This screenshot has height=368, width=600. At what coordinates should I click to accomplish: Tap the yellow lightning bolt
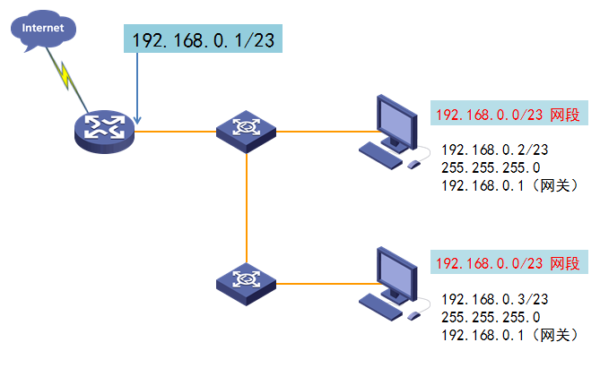tap(65, 76)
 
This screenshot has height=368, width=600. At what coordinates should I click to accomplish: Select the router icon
tap(104, 132)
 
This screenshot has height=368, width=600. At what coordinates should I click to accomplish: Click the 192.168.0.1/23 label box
tap(203, 39)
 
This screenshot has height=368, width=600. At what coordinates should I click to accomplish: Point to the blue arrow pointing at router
tap(137, 89)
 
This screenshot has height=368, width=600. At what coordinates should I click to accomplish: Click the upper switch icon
tap(246, 132)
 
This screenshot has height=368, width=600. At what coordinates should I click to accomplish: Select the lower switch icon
tap(246, 284)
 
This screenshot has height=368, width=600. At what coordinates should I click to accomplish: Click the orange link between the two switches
tap(247, 209)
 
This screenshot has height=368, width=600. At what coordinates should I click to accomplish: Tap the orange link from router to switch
tap(175, 132)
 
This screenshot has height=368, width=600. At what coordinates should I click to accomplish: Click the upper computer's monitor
tap(396, 124)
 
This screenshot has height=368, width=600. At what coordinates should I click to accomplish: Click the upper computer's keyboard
tap(380, 155)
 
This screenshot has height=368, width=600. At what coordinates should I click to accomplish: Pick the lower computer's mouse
tap(413, 316)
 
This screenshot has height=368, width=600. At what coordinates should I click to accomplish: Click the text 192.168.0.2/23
tap(495, 150)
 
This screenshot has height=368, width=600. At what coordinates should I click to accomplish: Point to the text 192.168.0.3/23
tap(495, 299)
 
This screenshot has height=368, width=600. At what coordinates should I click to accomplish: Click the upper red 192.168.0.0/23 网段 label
tap(509, 113)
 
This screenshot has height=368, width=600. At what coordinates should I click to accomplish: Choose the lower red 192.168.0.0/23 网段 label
tap(509, 262)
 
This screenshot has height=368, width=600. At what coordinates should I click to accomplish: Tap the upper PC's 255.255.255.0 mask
tap(491, 167)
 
